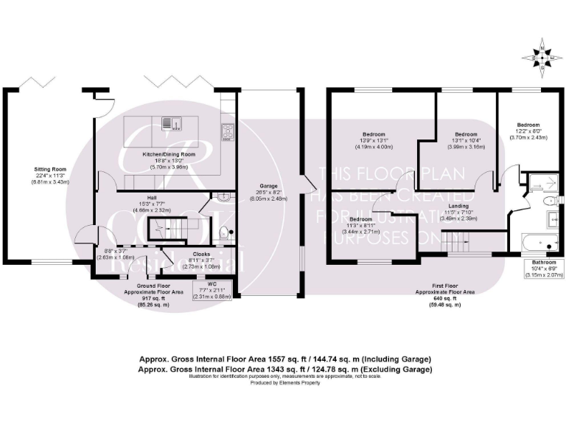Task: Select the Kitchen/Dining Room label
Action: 169,161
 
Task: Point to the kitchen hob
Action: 228,131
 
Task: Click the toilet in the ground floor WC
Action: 226,235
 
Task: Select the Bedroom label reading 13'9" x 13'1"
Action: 374,140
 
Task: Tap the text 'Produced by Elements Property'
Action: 283,384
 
